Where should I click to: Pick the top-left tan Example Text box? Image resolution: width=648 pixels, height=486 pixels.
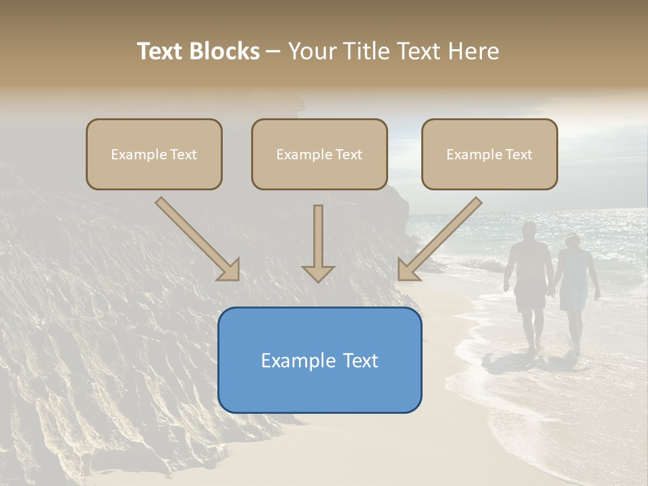tap(154, 155)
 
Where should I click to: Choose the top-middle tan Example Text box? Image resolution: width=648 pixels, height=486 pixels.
tap(319, 155)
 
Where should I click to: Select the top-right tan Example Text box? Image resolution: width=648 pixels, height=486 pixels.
tap(489, 155)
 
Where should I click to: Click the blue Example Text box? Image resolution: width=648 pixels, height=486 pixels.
tap(319, 360)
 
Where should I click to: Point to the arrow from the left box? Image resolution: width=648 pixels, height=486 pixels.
tap(198, 239)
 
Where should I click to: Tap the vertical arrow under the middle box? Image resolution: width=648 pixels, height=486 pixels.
tap(318, 240)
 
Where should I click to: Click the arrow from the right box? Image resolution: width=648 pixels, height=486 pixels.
tap(439, 239)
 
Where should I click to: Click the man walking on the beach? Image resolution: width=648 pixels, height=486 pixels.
tap(530, 283)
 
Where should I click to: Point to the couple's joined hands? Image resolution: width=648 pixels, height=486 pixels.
tap(552, 292)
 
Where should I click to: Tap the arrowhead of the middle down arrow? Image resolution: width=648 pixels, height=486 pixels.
tap(318, 273)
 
